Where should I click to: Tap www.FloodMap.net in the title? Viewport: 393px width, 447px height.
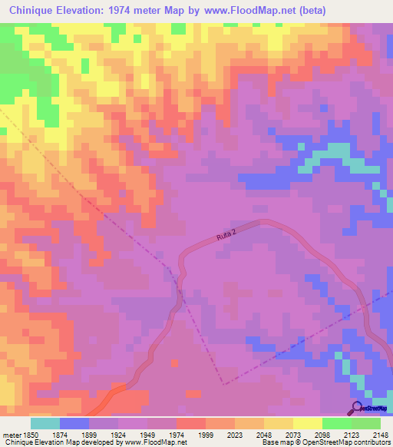coord(252,11)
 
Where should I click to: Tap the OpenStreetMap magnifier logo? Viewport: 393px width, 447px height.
coord(356,409)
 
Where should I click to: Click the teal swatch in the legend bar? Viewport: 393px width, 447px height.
coord(45,423)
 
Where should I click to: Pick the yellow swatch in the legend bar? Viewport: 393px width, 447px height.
coord(307,423)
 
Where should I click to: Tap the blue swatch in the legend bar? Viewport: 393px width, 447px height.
coord(74,423)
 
